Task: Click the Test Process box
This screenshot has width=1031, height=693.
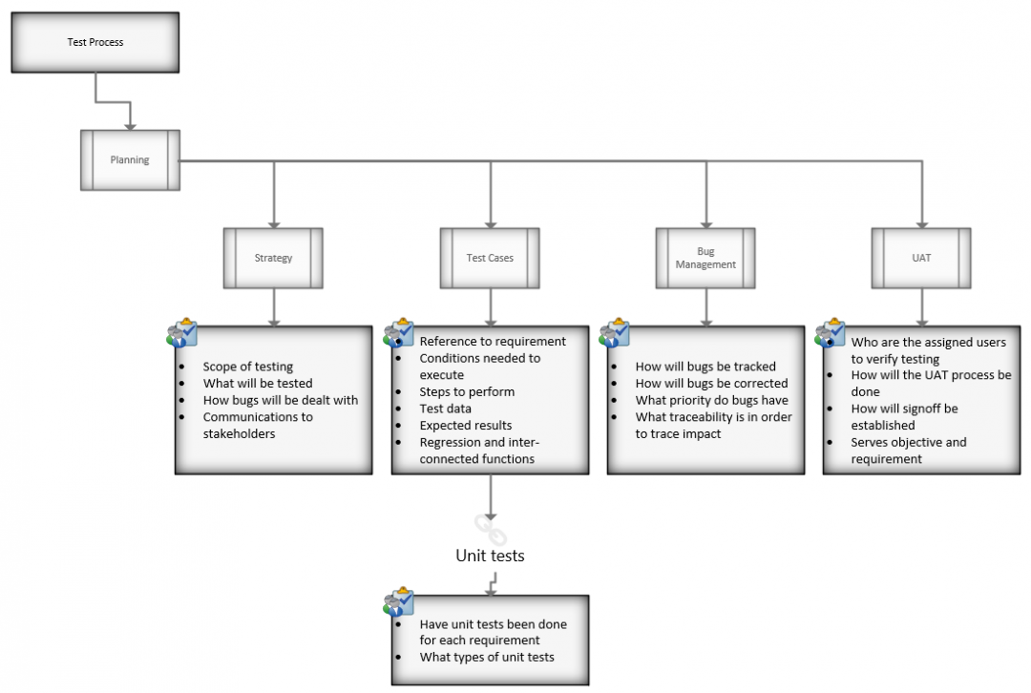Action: pos(95,43)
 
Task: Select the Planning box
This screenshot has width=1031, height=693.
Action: pos(130,160)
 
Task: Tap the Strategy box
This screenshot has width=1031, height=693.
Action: pos(273,258)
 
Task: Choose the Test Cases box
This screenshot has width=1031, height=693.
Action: pos(490,258)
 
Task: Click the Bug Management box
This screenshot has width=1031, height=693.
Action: pos(705,258)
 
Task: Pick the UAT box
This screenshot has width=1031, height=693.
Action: pos(921,258)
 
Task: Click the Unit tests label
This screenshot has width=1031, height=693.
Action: pos(490,555)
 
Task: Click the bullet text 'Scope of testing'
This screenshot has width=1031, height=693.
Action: pos(247,367)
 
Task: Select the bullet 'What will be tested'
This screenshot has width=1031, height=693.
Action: pos(258,384)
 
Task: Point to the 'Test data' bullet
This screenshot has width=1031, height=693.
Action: pos(445,409)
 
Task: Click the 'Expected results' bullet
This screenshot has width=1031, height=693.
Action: pos(466,425)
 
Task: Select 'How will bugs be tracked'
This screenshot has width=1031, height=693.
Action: pos(705,367)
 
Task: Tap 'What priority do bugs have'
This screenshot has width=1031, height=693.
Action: pos(711,400)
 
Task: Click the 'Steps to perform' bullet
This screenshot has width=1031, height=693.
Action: pos(467,391)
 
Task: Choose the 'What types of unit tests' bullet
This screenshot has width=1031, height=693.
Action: pos(487,657)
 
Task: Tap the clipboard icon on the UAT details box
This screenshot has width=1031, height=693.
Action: pos(830,331)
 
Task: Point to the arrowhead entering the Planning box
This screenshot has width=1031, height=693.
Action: pos(130,124)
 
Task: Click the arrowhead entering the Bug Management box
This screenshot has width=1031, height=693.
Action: pos(706,221)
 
